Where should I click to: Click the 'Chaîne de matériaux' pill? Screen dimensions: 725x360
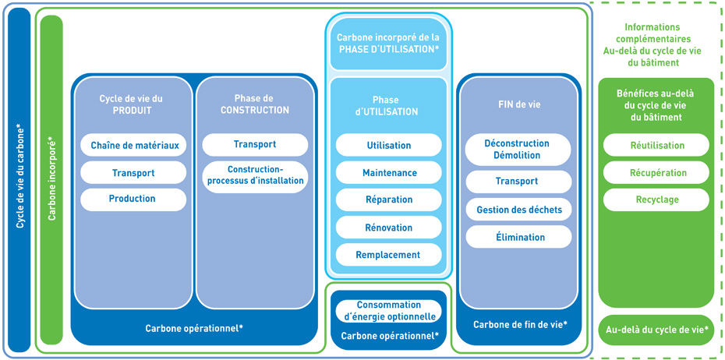coord(133,145)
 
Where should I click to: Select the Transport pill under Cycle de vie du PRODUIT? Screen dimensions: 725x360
coord(133,173)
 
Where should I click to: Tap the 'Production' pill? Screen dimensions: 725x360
coord(133,199)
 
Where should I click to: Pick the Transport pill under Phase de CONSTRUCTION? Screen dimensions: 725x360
coord(255,145)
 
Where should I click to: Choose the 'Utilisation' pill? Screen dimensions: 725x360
coord(389,145)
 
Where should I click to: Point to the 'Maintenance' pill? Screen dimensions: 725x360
coord(389,173)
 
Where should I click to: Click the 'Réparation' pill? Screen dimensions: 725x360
coord(389,199)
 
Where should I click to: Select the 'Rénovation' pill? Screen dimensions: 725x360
coord(389,228)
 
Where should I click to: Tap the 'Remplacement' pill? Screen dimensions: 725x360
coord(389,255)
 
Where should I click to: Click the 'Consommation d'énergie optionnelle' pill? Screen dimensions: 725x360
coord(389,311)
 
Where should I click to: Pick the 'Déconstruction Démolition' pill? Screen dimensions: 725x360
coord(518,150)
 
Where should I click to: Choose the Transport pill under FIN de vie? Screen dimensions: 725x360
coord(518,182)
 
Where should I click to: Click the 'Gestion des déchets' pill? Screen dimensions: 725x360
coord(518,210)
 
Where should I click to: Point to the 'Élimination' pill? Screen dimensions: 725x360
coord(518,237)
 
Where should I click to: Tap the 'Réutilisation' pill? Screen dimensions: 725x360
coord(656,145)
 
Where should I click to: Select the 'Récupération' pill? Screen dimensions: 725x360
coord(656,173)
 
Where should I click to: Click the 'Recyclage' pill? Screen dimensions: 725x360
coord(656,199)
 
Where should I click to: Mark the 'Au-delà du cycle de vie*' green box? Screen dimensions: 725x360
coord(656,330)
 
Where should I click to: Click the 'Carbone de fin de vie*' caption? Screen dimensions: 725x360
coord(520,325)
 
